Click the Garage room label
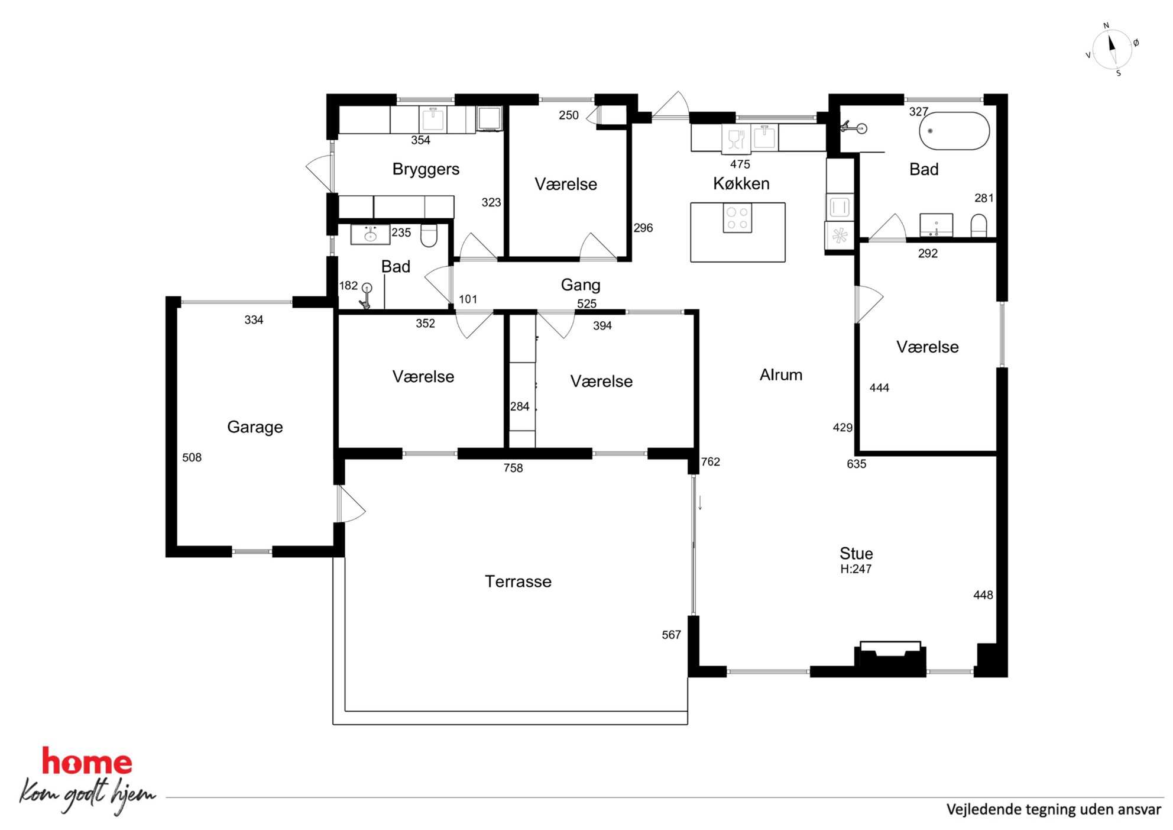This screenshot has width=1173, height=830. (255, 427)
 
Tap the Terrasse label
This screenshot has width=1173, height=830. (518, 582)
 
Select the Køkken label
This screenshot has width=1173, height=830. (741, 183)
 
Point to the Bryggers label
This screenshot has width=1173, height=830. (426, 169)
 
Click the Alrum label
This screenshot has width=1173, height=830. (781, 374)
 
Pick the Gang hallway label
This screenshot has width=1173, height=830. (581, 285)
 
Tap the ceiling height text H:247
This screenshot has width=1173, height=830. (856, 569)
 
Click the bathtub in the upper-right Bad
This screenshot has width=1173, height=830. (954, 131)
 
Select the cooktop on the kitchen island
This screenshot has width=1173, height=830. (737, 218)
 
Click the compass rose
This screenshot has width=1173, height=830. (1112, 49)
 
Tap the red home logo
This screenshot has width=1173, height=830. (87, 761)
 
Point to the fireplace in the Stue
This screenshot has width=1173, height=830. (890, 658)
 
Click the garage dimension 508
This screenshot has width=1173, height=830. (192, 457)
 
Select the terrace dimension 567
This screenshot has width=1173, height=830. (671, 635)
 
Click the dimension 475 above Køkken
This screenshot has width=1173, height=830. (740, 164)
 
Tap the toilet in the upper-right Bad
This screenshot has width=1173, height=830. (979, 225)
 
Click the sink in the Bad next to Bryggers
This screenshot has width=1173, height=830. (370, 234)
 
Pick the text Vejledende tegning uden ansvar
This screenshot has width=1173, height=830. (1054, 809)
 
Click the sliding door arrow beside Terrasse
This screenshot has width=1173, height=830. (700, 503)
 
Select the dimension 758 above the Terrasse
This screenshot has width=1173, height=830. (513, 468)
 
